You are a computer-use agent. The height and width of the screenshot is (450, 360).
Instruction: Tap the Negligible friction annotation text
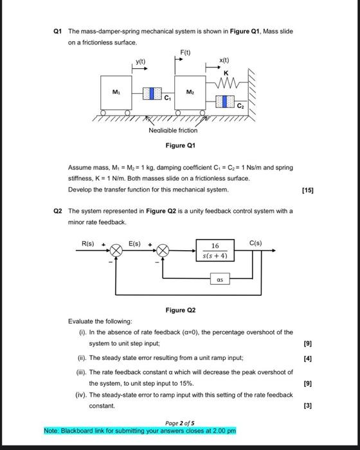[173, 130]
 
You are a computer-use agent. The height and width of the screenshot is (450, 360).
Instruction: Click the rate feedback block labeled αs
[221, 280]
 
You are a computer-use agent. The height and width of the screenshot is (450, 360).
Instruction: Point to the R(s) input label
[88, 243]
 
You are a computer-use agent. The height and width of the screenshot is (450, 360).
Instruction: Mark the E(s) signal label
[136, 243]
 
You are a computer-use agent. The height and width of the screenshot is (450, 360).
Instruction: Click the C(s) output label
[256, 243]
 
